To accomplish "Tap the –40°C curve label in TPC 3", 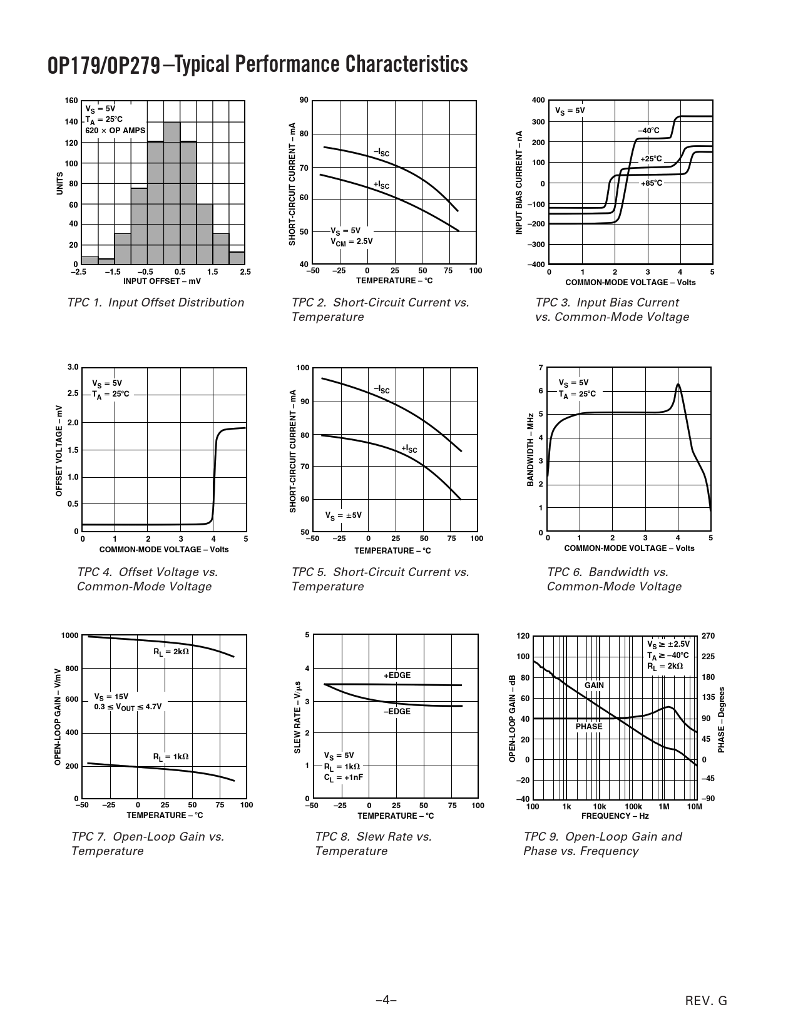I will tap(648, 131).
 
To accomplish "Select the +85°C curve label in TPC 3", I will tap(651, 183).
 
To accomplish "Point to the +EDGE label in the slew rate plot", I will tap(397, 675).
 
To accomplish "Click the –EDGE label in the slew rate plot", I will tap(397, 712).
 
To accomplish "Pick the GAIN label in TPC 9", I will tap(594, 685).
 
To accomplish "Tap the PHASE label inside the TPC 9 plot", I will tap(589, 727).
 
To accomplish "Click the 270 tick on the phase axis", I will tap(708, 636).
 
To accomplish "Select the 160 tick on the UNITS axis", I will tap(71, 101).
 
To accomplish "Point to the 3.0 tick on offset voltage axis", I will tap(73, 367).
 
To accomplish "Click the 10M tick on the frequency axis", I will tap(694, 807).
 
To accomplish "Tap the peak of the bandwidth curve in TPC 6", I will tap(678, 385).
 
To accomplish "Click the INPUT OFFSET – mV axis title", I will tap(162, 281).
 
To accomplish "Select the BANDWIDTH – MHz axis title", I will tap(529, 449).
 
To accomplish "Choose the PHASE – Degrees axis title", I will tap(722, 719).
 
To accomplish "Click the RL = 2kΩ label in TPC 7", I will tap(171, 651).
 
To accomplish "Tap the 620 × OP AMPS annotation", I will tap(115, 131).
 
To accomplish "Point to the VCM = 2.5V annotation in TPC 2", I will tap(351, 241).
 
